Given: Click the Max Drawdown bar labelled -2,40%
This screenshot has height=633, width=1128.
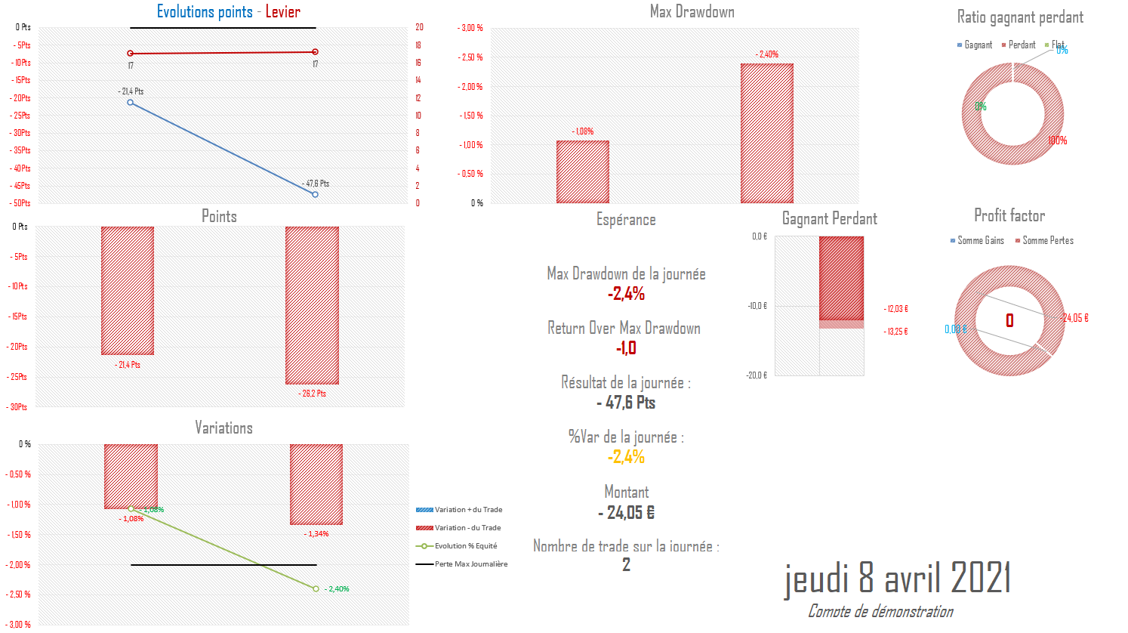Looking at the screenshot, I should coord(766,133).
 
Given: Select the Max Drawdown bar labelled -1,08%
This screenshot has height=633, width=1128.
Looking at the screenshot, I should coord(582,171).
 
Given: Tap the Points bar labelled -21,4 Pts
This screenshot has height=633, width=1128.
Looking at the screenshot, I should coord(128,290).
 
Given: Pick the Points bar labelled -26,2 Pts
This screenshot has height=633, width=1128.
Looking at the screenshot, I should coord(312,305).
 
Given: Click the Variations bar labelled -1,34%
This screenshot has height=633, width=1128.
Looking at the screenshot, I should coord(316,484).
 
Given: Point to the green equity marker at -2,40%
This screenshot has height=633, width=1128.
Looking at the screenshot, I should coord(316,588).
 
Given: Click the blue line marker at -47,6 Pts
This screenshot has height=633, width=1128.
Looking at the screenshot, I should coord(315,194).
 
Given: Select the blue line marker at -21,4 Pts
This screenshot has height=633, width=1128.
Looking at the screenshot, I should coord(131,102).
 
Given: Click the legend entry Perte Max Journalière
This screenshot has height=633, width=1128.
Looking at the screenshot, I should coord(470,564).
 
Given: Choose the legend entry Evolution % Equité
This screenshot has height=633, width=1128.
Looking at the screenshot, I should coord(465,546).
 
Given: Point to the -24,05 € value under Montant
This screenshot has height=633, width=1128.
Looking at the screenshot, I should coord(626,513).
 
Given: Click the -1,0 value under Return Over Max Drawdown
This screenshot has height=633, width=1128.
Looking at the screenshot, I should coord(626,348).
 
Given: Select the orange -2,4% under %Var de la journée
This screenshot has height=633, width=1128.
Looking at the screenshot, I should coord(626,457).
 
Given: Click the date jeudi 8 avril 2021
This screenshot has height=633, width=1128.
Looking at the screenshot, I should coord(897,579).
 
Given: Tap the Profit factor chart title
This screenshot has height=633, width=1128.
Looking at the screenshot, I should coord(1009,216).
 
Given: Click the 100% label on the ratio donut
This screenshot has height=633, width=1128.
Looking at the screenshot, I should coord(1057,140).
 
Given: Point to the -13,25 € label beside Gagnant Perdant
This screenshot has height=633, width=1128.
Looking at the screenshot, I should coord(897,332).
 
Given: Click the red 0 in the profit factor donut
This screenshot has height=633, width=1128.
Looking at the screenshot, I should coord(1009,321).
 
